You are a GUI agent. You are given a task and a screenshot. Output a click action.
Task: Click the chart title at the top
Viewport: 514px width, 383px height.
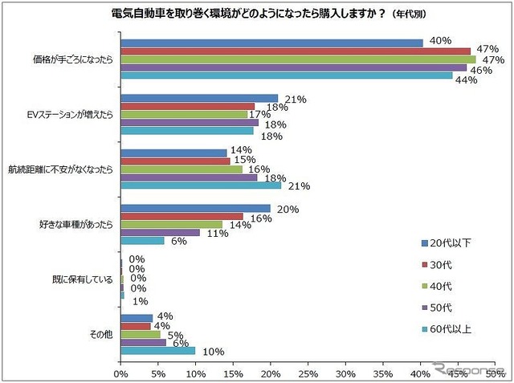click(x=257, y=14)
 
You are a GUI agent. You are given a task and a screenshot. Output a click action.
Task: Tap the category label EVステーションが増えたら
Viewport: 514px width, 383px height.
click(x=75, y=115)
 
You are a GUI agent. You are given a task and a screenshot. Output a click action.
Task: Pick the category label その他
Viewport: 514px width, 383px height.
click(x=102, y=334)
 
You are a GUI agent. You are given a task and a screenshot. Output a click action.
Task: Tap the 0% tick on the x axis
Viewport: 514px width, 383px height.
click(x=120, y=375)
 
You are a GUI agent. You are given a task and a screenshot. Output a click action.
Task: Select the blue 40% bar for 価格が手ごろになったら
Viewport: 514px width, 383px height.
click(x=271, y=43)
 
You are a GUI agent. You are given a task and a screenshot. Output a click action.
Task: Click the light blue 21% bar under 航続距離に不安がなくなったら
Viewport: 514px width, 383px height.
click(x=201, y=185)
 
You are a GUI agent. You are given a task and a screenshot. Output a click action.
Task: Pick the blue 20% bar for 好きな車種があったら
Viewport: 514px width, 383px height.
click(x=195, y=208)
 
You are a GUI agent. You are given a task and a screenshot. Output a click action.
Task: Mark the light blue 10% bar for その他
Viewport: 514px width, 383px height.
click(x=157, y=350)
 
